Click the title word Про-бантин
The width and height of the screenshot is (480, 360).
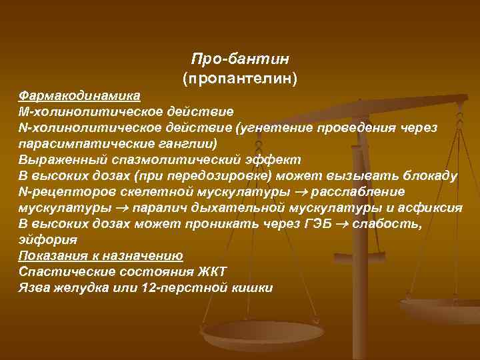tap(239, 59)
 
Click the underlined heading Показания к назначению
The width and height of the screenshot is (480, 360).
tap(101, 255)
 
